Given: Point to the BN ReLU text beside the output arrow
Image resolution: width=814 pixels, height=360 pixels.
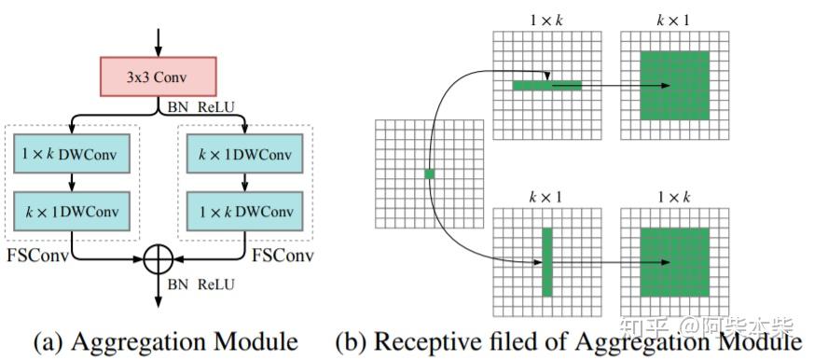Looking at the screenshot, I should pyautogui.click(x=201, y=283).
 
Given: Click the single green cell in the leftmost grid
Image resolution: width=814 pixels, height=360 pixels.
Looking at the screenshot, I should pyautogui.click(x=429, y=174).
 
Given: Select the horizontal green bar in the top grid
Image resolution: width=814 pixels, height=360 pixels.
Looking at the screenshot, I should pyautogui.click(x=546, y=86).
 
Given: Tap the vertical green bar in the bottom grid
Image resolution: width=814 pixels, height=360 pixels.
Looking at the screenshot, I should pyautogui.click(x=547, y=262).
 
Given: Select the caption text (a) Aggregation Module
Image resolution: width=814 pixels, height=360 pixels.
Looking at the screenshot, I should pyautogui.click(x=165, y=341).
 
